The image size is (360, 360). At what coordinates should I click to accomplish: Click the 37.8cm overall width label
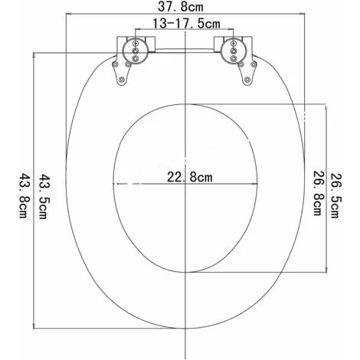click(181, 7)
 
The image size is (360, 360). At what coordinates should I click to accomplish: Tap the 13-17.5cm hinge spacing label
click(186, 24)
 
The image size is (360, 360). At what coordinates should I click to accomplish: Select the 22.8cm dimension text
click(189, 177)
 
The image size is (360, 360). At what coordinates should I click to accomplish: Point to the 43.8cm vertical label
click(23, 196)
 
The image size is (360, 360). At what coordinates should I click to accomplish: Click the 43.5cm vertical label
click(42, 197)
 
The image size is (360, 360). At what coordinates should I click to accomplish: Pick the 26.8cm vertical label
click(318, 193)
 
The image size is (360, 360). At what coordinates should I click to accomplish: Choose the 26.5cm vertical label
click(335, 196)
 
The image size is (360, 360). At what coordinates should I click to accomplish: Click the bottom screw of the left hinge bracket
click(122, 80)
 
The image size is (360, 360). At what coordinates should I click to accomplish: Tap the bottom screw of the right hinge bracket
click(247, 80)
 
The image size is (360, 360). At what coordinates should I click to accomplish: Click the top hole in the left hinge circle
click(136, 44)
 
